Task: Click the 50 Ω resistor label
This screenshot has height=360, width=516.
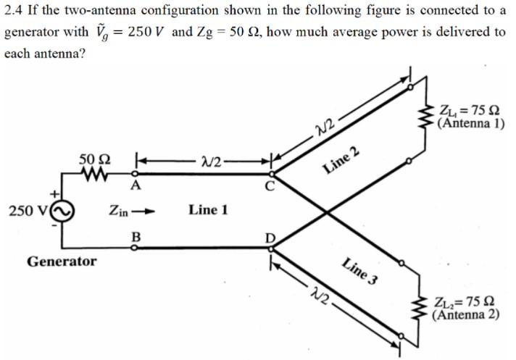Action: tap(94, 159)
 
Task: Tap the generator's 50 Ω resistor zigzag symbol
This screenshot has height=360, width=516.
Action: tap(94, 175)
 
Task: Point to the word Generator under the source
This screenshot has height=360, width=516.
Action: tap(62, 261)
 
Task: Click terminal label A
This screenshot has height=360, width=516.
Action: tap(134, 186)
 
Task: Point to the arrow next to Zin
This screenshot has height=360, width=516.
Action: tap(146, 211)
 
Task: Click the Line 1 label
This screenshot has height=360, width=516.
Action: tap(209, 210)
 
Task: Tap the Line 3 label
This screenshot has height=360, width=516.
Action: tap(360, 272)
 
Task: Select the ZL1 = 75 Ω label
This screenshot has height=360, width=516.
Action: tap(470, 111)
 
